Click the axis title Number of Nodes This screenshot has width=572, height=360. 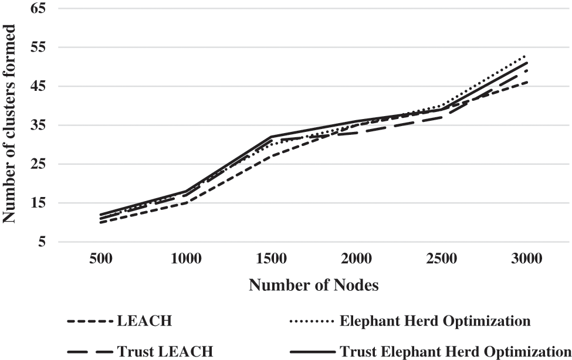click(x=313, y=286)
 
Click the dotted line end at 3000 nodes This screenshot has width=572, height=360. click(x=526, y=55)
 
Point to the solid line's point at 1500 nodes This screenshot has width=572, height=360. click(x=272, y=137)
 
